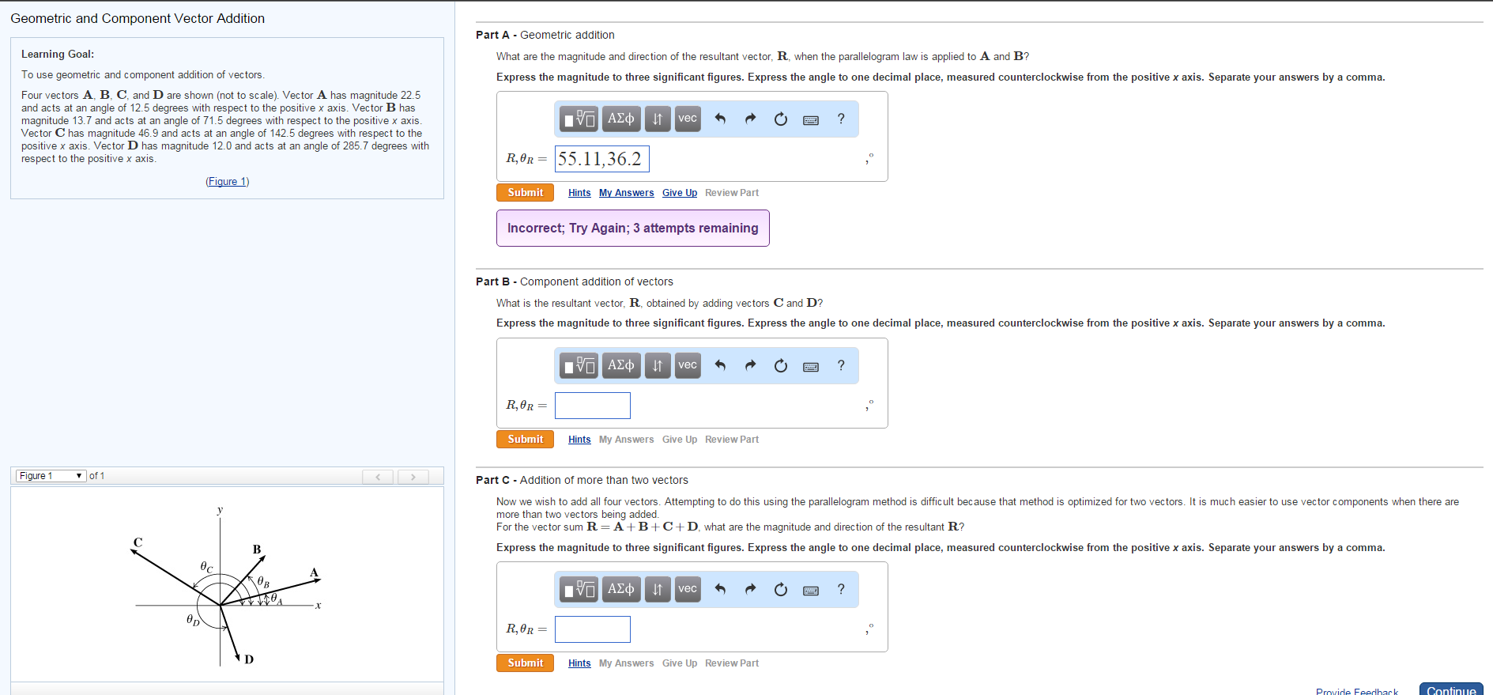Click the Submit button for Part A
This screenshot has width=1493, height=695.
[525, 193]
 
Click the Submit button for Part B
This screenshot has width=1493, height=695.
[525, 440]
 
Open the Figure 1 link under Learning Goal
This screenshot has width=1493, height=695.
[228, 182]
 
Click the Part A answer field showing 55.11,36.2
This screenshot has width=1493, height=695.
[601, 159]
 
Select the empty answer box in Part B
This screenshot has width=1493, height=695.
[592, 406]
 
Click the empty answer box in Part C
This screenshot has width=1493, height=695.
[592, 629]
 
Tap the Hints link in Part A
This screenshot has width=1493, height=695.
[579, 193]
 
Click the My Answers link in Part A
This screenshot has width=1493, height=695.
[626, 193]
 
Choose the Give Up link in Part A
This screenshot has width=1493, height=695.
[679, 193]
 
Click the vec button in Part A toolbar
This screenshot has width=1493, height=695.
[688, 119]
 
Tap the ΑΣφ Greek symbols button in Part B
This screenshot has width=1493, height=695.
[620, 365]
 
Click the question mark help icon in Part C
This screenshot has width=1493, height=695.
[841, 589]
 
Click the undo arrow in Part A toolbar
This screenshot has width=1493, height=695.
[720, 119]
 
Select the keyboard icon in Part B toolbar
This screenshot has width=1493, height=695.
[811, 366]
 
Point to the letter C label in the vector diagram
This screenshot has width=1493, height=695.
[138, 542]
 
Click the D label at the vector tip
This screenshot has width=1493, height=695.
[249, 659]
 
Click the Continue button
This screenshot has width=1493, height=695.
[1450, 689]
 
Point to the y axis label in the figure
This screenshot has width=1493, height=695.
[220, 510]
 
